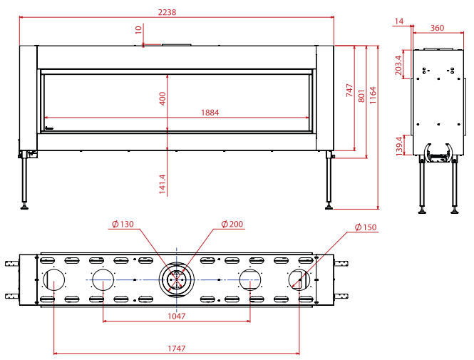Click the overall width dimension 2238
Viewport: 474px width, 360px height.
coord(167,12)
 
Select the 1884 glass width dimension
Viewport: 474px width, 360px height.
coord(210,113)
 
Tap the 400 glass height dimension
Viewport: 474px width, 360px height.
coord(163,98)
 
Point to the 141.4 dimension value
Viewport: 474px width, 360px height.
coord(163,184)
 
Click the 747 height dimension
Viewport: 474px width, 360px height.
coord(349,90)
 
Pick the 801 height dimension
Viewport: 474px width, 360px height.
coord(361,96)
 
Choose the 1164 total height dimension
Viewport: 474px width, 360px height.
coord(373,96)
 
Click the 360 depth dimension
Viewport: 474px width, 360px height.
coord(437,28)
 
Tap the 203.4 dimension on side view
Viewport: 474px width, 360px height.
coord(398,66)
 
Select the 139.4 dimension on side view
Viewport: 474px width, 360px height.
coord(399,146)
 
